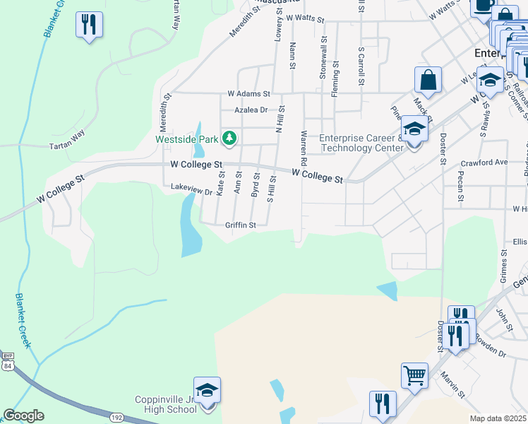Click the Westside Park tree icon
click(x=229, y=138)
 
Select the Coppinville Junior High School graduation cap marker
click(x=207, y=390)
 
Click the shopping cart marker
click(x=414, y=376)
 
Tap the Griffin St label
click(x=240, y=225)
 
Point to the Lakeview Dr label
click(x=191, y=190)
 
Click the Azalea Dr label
click(x=252, y=110)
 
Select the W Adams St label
click(x=248, y=93)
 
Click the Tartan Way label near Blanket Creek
click(x=68, y=146)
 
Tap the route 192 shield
click(x=116, y=418)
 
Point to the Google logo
click(x=23, y=416)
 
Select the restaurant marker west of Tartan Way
click(x=90, y=25)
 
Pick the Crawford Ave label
click(x=492, y=162)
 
